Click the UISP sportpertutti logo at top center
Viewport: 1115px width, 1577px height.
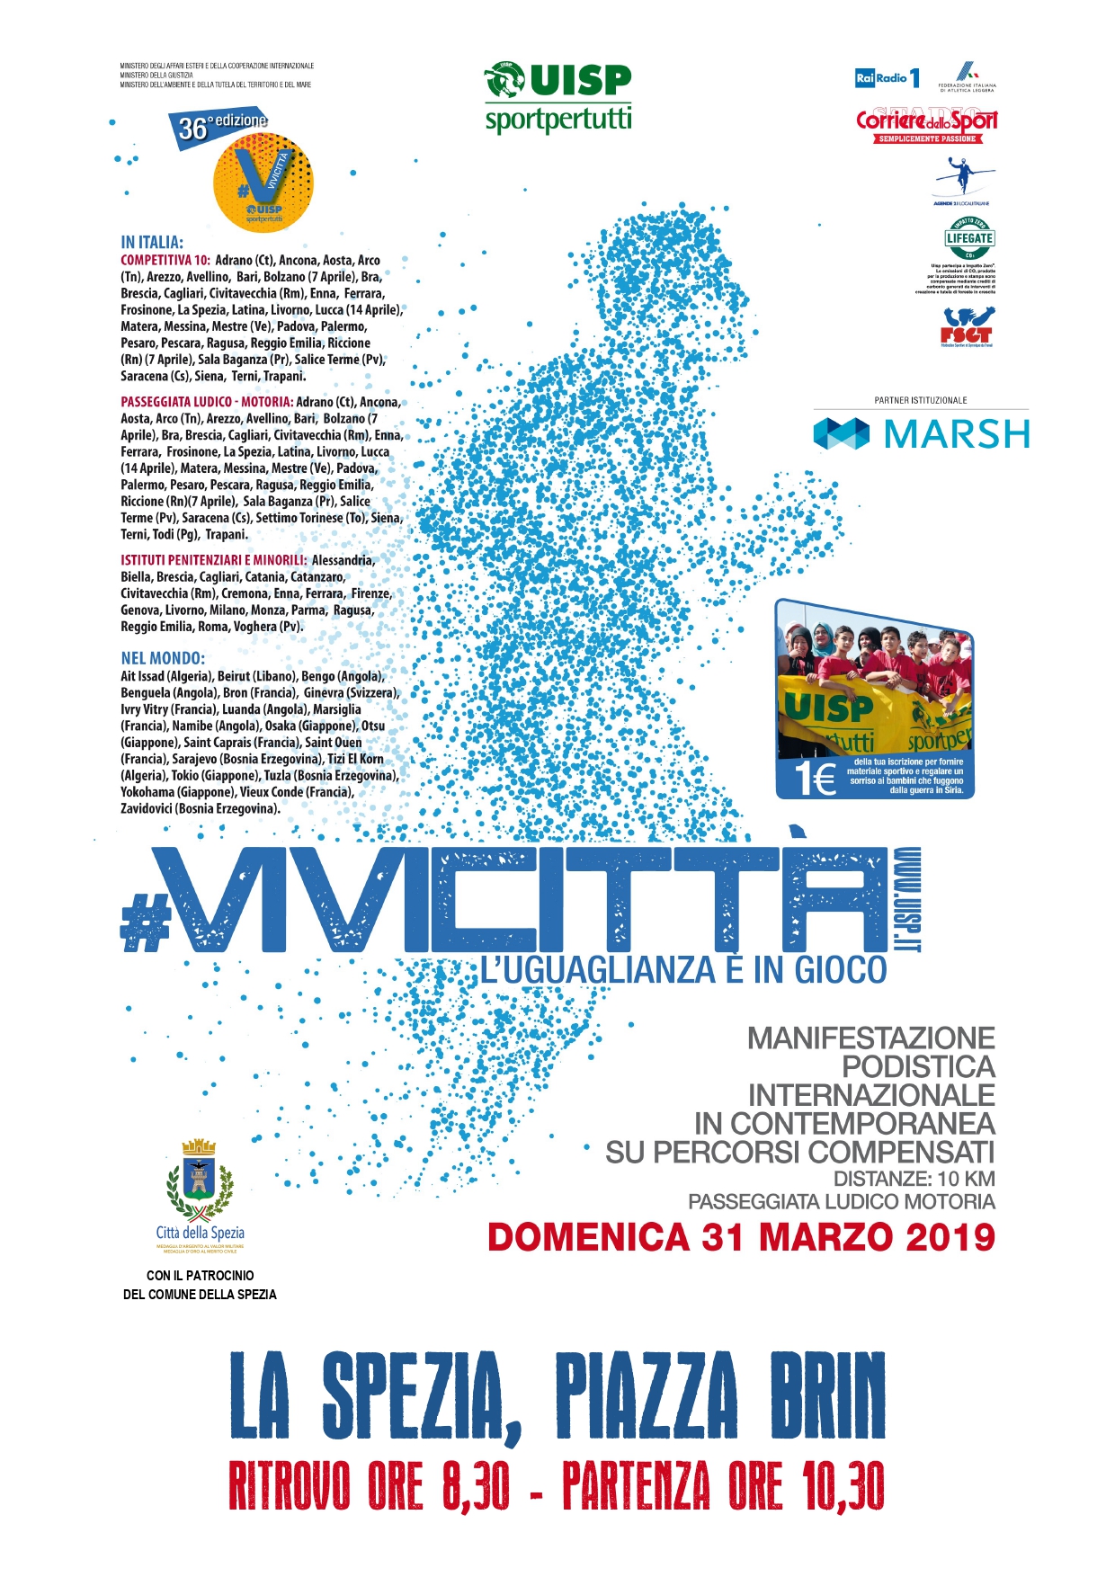point(558,97)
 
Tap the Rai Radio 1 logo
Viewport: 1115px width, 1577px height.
point(887,78)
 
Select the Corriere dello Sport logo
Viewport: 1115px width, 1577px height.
point(926,123)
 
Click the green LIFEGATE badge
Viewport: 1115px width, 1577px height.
point(968,239)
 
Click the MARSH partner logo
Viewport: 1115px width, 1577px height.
point(922,434)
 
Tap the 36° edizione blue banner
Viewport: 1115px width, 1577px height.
point(219,127)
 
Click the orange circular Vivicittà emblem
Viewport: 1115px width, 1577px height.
point(263,187)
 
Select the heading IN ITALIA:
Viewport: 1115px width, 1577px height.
point(152,242)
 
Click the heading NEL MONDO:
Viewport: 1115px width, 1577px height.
point(163,658)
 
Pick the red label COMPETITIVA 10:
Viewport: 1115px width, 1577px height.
point(165,260)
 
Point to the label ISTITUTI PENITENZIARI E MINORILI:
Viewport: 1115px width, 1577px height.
point(214,560)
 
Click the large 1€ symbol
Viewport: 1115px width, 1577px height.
point(815,778)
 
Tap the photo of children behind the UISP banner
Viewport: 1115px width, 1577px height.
point(874,683)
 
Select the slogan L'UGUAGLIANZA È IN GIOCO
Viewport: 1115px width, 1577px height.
point(684,971)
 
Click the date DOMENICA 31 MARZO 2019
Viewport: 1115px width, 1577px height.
point(741,1238)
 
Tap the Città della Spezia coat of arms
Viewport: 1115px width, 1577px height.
point(200,1178)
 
